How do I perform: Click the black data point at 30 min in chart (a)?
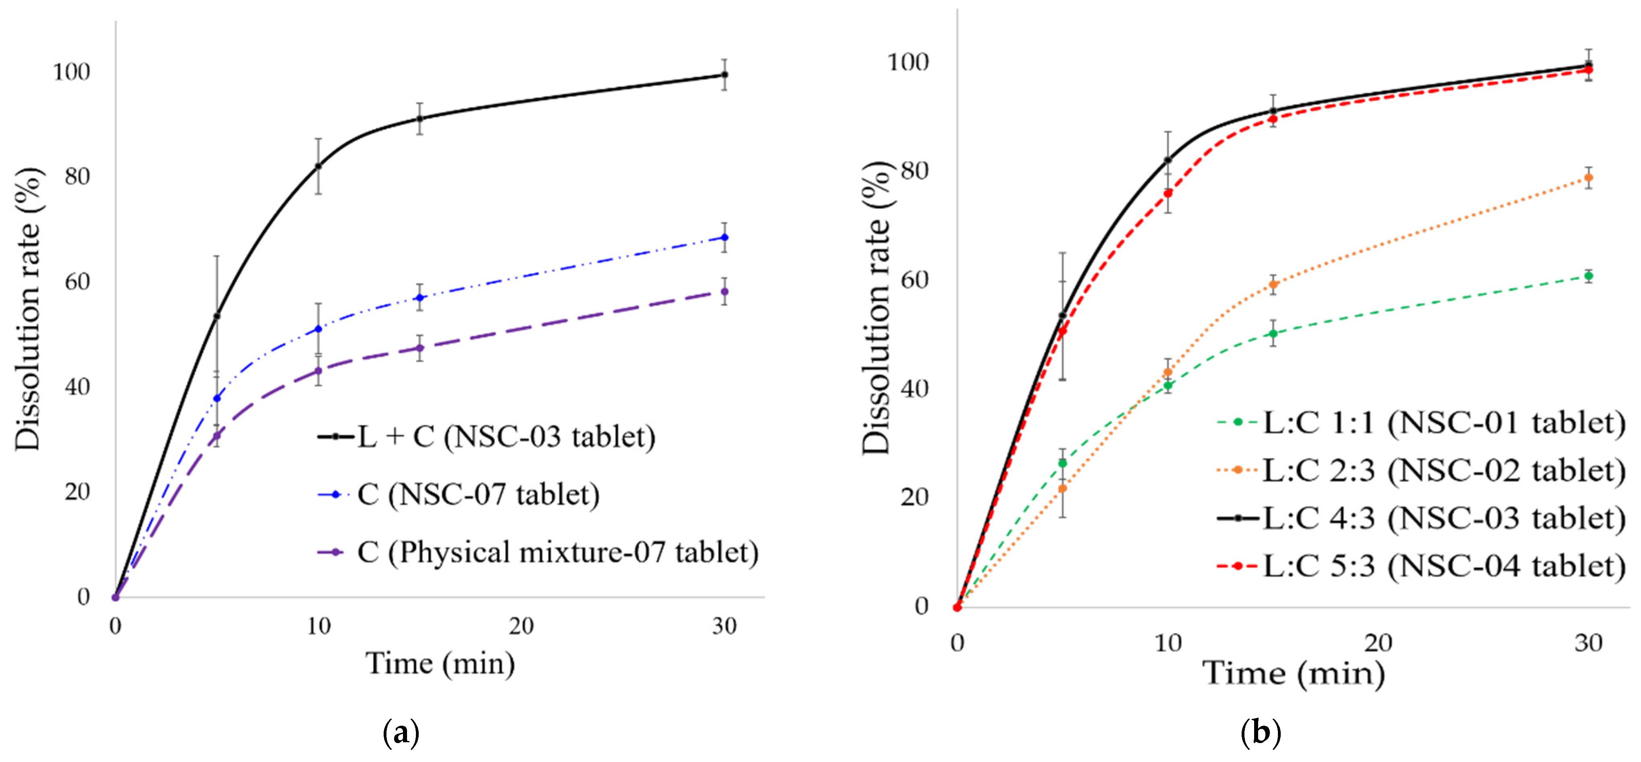pos(724,75)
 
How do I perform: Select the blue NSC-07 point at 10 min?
pos(318,329)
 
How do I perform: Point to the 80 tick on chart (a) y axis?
pos(77,177)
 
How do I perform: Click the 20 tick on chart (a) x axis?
pos(521,626)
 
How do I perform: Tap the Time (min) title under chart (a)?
pos(440,664)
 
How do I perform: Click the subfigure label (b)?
pos(1261,733)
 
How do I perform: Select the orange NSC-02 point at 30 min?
pos(1589,178)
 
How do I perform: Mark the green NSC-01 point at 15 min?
pos(1273,333)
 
